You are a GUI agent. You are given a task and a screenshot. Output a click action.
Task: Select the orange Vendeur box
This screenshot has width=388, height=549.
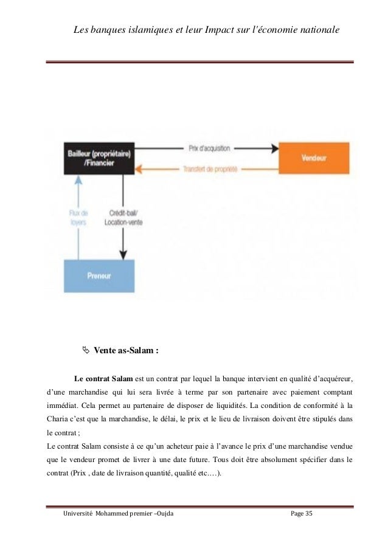click(x=313, y=157)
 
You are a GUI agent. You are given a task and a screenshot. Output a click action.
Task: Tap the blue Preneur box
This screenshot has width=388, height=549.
click(x=99, y=275)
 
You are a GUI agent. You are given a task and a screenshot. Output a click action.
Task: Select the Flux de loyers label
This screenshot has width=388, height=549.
click(x=78, y=217)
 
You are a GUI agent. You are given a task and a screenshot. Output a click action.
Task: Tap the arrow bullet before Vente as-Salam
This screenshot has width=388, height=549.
click(x=86, y=350)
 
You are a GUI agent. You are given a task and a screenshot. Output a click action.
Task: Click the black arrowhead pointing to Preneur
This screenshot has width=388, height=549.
click(x=124, y=252)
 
